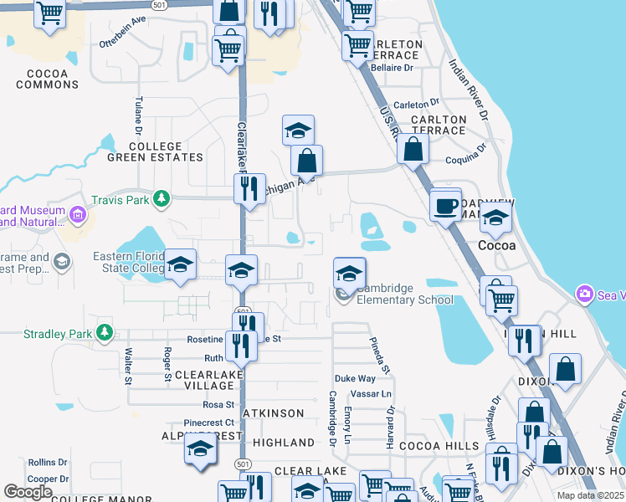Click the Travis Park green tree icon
(162, 199)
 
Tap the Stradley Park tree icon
(105, 334)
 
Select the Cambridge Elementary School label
(405, 295)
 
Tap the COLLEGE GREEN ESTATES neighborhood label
(155, 151)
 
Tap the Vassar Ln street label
(375, 393)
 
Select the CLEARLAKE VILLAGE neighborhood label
(199, 380)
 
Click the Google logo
(28, 492)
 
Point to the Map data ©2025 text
(589, 495)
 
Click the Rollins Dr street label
(47, 462)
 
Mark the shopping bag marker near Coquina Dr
(413, 149)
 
